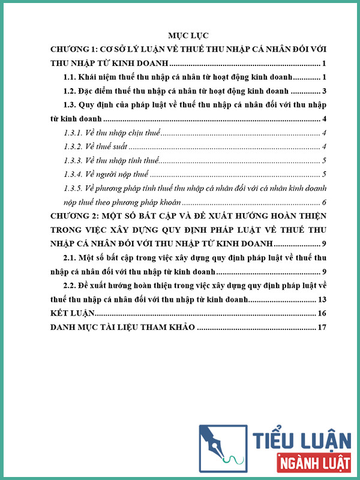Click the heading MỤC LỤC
180,35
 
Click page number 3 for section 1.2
323,91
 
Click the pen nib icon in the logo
223,448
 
